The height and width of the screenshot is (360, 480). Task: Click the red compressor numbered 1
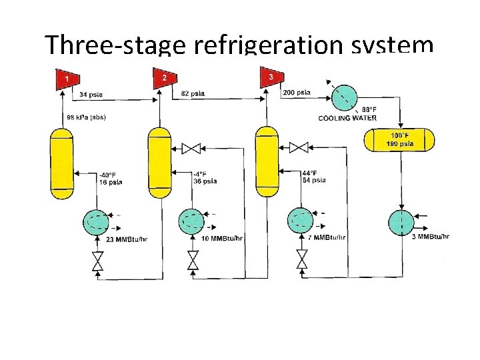click(65, 80)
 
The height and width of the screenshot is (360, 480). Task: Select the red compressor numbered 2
click(163, 79)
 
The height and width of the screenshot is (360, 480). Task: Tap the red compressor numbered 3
click(270, 78)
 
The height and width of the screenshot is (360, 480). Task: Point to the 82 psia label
click(194, 94)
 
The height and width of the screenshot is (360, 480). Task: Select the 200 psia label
click(297, 93)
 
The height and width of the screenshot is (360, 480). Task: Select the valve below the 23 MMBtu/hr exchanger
click(97, 260)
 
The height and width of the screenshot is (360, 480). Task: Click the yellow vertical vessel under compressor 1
click(63, 163)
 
